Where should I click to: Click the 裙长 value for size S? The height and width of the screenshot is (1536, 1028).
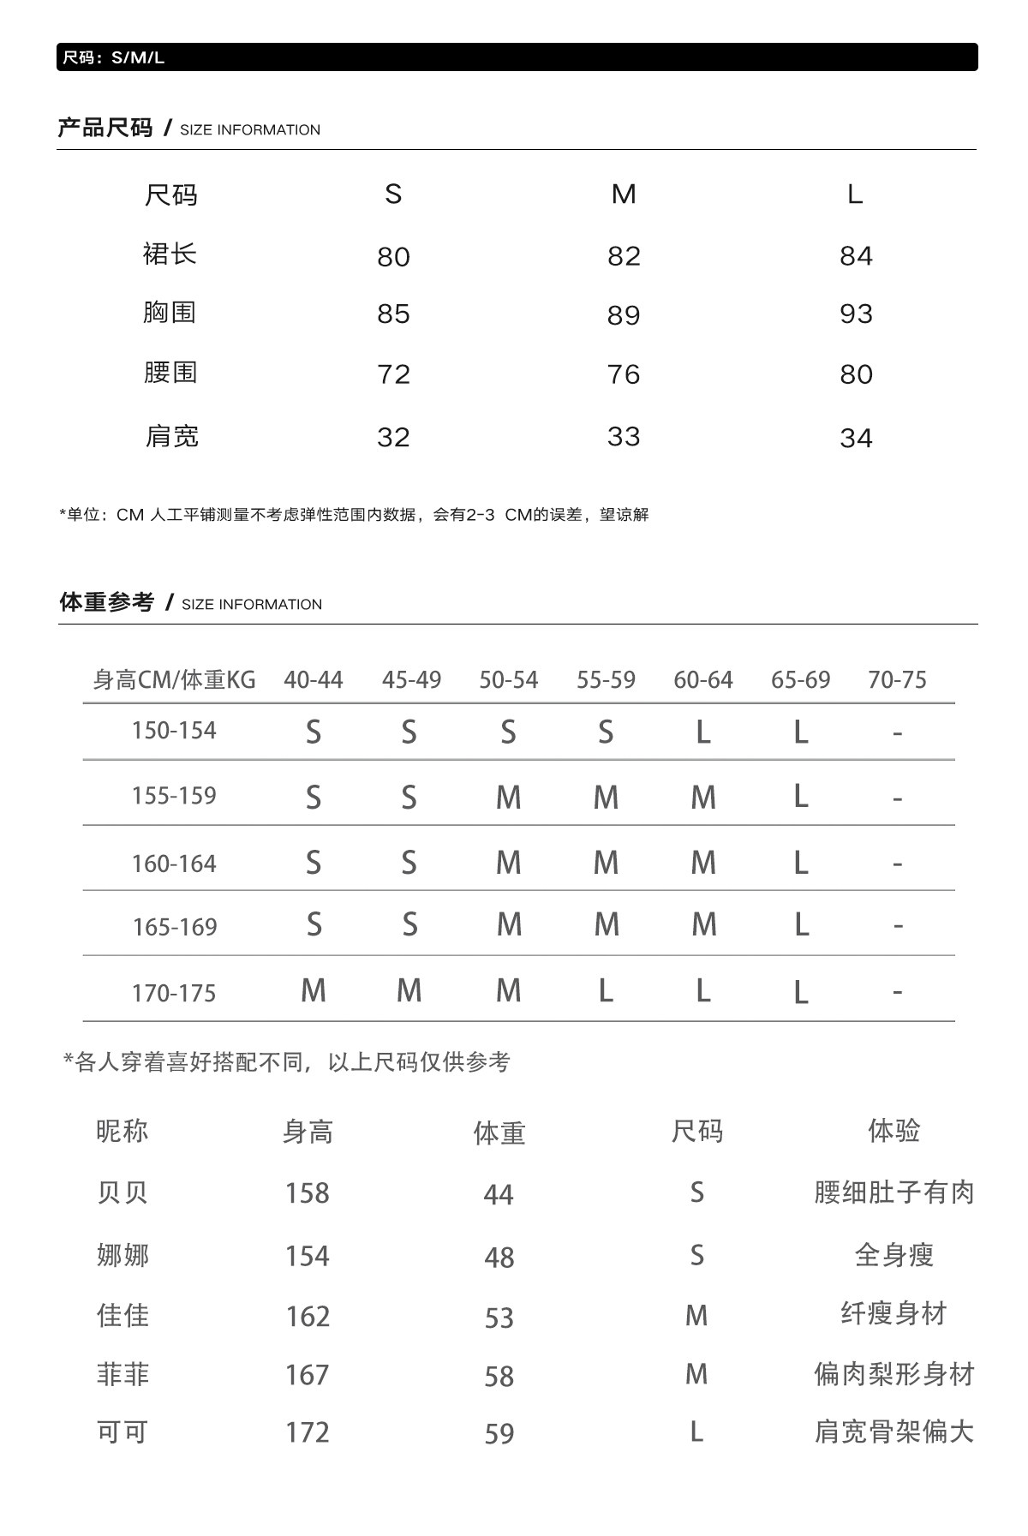[x=393, y=256]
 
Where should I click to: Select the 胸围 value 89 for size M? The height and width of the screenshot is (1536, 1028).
[x=624, y=315]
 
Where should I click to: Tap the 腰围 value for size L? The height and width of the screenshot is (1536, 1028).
[x=856, y=374]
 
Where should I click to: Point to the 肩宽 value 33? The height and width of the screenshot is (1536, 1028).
[x=624, y=437]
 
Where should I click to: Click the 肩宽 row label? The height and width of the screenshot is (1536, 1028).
[x=171, y=437]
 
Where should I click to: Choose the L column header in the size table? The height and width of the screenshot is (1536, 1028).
[x=855, y=194]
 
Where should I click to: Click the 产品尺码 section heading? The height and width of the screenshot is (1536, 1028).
[x=105, y=128]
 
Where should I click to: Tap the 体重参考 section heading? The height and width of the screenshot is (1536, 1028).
[x=106, y=603]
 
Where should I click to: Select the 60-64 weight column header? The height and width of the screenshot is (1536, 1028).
[x=703, y=680]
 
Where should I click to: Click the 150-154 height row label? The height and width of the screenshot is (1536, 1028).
[x=174, y=731]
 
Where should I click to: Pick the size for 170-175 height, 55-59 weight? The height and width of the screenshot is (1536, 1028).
[x=606, y=991]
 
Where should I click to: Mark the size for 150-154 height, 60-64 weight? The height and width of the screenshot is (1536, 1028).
[x=703, y=732]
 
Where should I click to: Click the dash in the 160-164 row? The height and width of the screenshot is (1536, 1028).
[x=897, y=863]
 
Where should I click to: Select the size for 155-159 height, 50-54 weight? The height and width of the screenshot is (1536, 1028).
[x=509, y=798]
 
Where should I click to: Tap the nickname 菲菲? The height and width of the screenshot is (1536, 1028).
[x=123, y=1374]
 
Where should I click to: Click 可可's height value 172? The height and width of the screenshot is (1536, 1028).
[x=307, y=1432]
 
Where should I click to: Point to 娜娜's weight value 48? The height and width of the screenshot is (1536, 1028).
[x=499, y=1258]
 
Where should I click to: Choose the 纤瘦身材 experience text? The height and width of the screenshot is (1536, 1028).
[x=894, y=1314]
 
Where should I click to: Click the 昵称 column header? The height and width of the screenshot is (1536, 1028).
[x=123, y=1132]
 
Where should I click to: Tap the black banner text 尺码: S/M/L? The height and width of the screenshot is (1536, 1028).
[x=113, y=57]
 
